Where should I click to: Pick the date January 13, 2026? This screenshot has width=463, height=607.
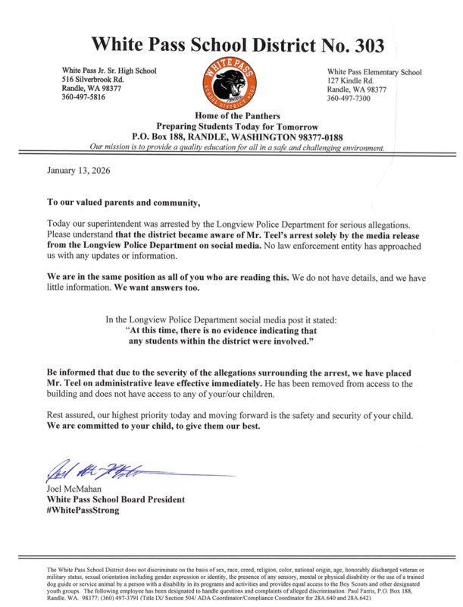coord(79,170)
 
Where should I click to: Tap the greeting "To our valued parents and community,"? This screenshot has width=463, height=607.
coord(124,203)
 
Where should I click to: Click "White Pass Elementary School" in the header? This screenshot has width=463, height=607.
coord(374,71)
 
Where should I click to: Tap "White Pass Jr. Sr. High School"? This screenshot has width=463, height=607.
coord(109,71)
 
